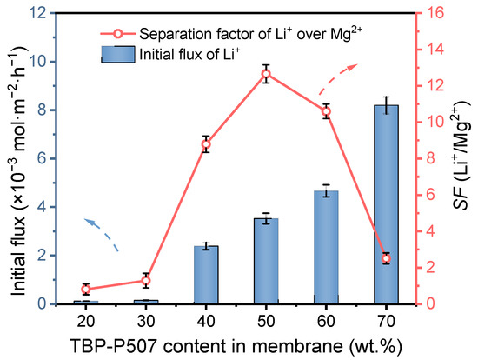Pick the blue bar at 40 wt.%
click(x=206, y=275)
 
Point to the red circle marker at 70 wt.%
click(x=386, y=258)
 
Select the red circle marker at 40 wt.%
click(x=206, y=144)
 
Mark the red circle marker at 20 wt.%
click(x=86, y=289)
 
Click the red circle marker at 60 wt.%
click(x=326, y=111)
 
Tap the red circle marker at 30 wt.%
click(x=146, y=280)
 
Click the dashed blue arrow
click(x=103, y=233)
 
